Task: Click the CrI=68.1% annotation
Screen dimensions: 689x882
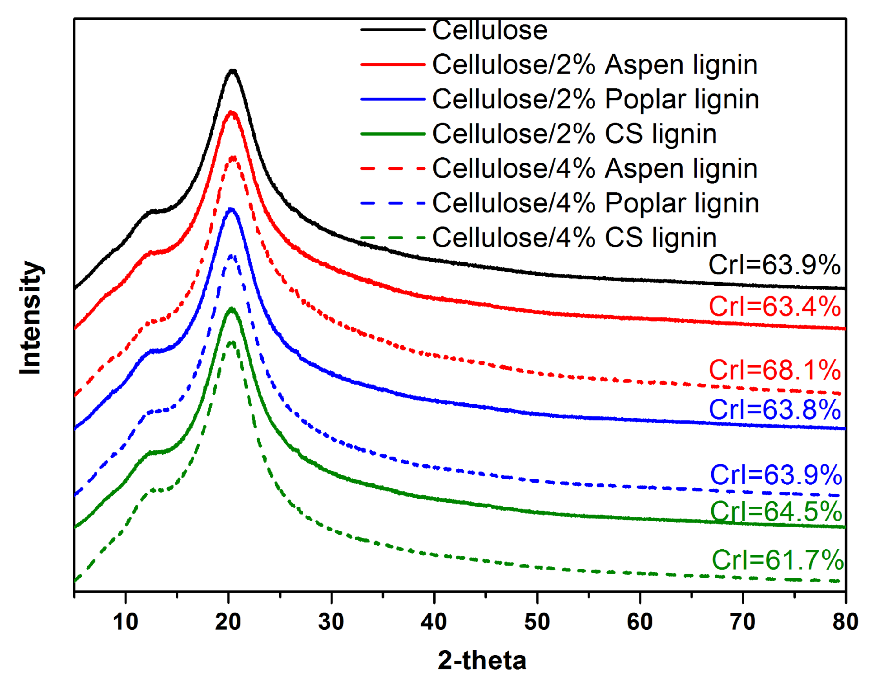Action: pos(774,370)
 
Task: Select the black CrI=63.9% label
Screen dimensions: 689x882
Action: pos(774,265)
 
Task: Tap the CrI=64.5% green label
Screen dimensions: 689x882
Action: pos(776,512)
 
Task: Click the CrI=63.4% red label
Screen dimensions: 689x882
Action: pos(774,307)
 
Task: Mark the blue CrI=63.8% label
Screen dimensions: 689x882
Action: pos(774,410)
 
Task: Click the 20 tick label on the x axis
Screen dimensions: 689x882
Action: pos(228,622)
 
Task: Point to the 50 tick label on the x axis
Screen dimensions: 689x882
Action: pos(537,622)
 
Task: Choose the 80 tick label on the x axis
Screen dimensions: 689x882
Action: pos(845,622)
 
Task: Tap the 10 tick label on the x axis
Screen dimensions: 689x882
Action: pos(126,622)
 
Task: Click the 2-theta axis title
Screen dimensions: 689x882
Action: pos(482,661)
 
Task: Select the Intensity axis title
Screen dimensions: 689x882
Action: pos(31,317)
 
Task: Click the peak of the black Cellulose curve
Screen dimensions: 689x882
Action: pos(232,71)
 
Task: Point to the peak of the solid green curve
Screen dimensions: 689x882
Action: pos(231,309)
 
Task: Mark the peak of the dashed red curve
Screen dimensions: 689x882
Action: pos(233,157)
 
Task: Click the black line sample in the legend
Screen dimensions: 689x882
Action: pos(392,30)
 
